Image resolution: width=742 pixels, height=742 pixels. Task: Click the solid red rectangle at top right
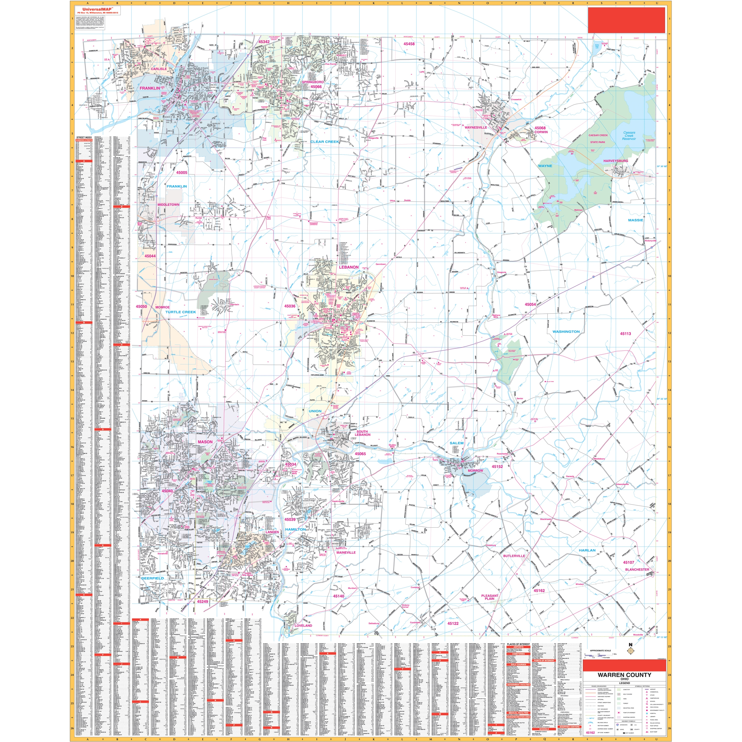(627, 20)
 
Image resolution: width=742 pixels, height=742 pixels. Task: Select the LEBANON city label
(348, 267)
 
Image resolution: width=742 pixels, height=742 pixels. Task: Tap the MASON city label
(205, 442)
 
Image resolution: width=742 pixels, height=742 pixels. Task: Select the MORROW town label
(475, 470)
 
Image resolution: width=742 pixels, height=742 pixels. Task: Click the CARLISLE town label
(158, 69)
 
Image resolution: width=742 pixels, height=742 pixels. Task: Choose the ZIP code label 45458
(409, 44)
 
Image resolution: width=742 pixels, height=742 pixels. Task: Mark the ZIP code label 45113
(625, 334)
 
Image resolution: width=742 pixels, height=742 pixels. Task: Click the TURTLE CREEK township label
(180, 312)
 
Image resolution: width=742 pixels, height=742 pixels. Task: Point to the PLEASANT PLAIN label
(490, 597)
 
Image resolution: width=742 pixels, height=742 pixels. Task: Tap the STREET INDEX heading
(84, 137)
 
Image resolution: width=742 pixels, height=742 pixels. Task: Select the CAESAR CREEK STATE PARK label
(598, 139)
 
